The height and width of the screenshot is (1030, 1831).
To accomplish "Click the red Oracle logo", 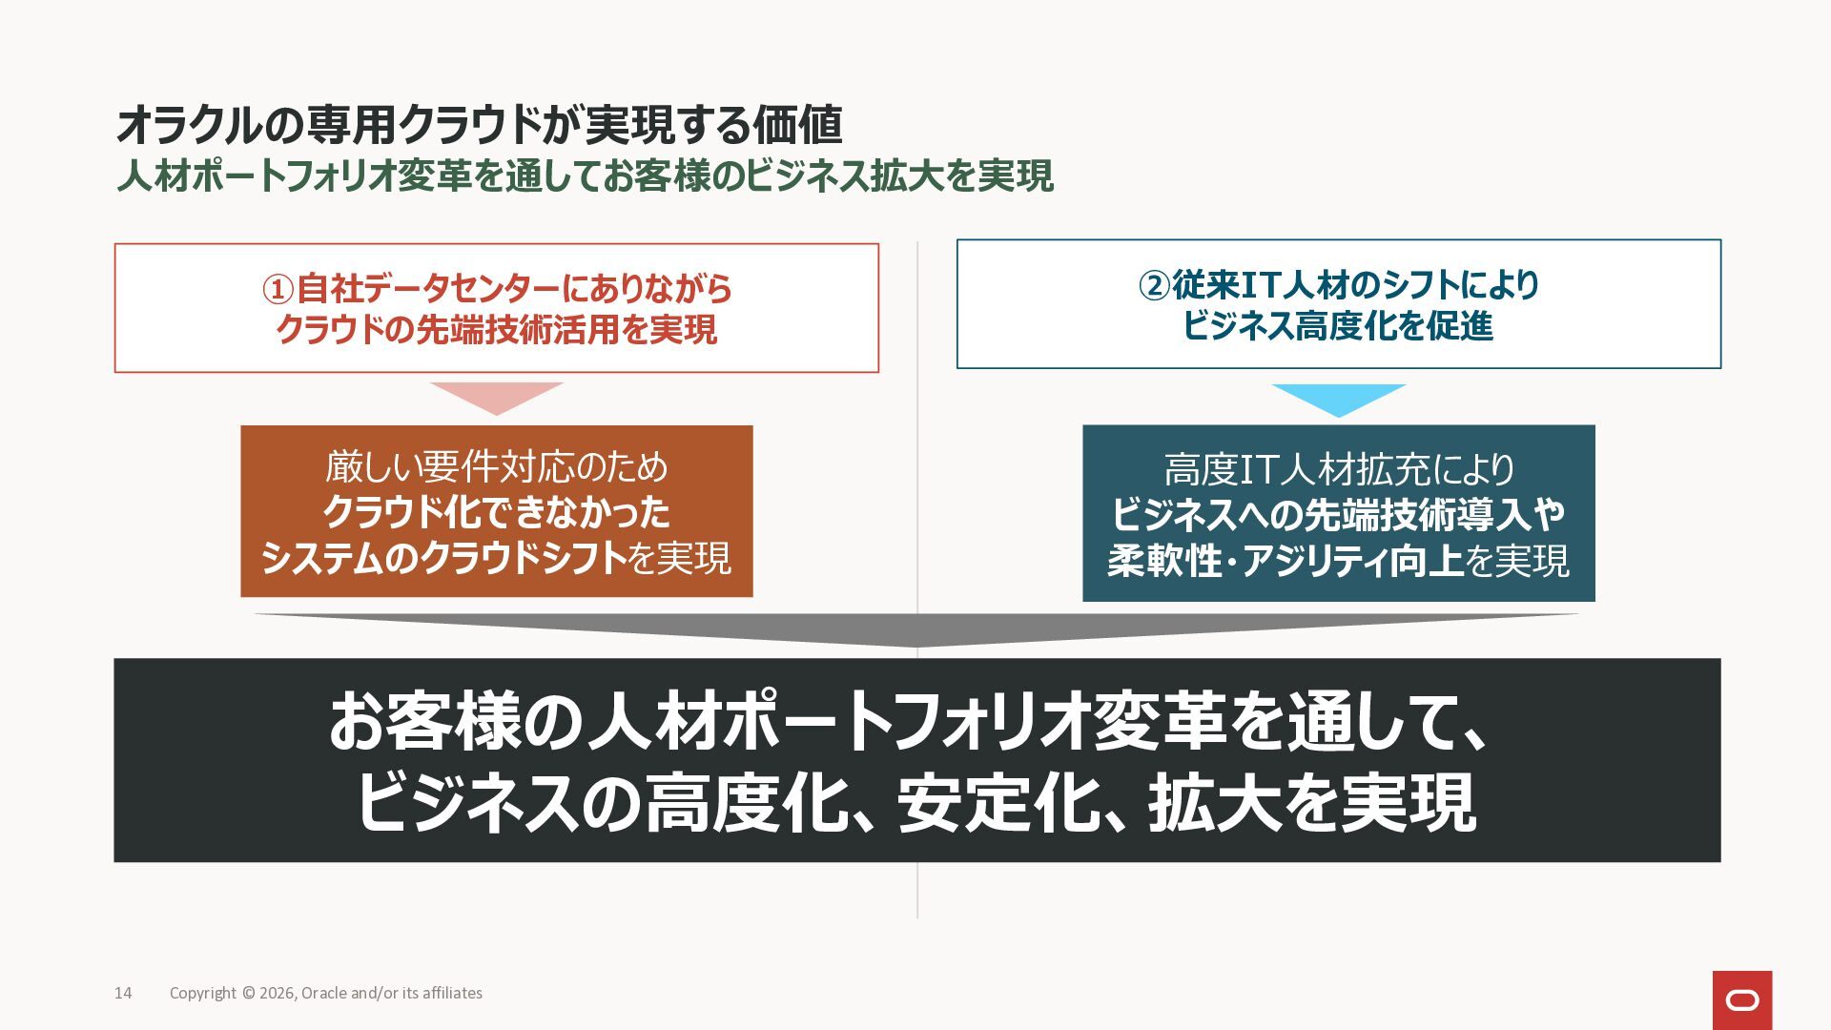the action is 1741,999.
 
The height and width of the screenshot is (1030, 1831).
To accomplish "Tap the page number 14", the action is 123,993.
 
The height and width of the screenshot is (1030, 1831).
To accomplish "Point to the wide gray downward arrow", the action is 915,629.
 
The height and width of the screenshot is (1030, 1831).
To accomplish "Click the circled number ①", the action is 278,289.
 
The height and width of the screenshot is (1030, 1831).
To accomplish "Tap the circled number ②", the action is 1154,285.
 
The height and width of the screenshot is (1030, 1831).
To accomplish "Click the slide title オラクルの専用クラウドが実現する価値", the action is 479,124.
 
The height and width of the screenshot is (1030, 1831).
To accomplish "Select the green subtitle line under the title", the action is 585,176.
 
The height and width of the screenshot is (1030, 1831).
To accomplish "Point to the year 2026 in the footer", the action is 277,993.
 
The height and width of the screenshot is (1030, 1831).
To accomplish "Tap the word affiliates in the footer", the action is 452,993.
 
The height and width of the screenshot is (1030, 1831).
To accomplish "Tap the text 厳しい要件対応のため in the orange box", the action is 496,466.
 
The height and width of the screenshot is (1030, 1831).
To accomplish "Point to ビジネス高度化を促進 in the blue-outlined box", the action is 1338,326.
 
